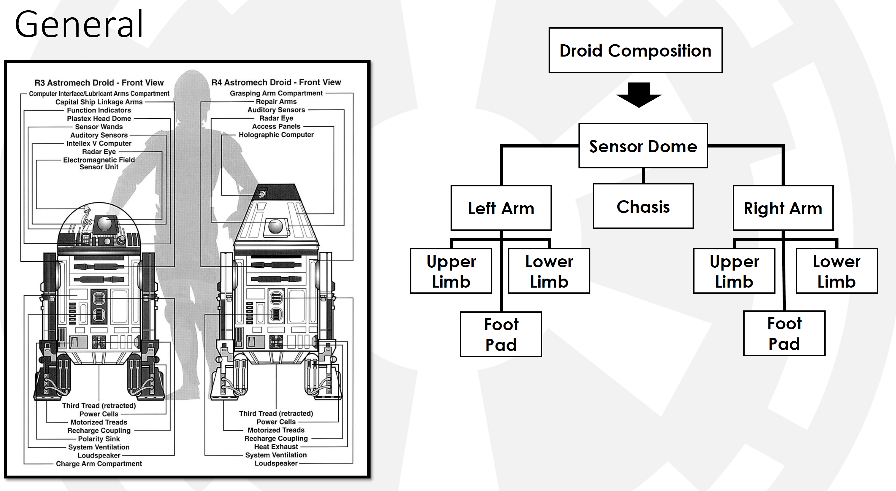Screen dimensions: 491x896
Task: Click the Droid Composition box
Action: [635, 50]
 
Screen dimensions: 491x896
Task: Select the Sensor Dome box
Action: [643, 146]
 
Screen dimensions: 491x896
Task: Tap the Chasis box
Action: [643, 206]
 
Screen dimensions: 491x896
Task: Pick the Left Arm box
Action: [501, 208]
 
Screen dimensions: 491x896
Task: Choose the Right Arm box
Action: [783, 208]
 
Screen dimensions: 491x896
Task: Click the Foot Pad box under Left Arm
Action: [501, 334]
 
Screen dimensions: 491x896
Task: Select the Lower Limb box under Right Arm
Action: [836, 271]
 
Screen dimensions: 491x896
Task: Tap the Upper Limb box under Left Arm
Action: [451, 271]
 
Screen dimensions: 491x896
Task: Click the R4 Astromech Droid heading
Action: [276, 82]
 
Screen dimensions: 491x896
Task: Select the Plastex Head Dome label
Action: [99, 119]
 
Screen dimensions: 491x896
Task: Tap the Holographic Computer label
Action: [276, 135]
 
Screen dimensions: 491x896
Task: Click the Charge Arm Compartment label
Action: [99, 464]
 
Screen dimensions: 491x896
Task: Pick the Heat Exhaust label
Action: [276, 446]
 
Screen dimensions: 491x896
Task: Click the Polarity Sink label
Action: [99, 439]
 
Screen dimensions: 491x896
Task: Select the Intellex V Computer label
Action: [99, 143]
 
